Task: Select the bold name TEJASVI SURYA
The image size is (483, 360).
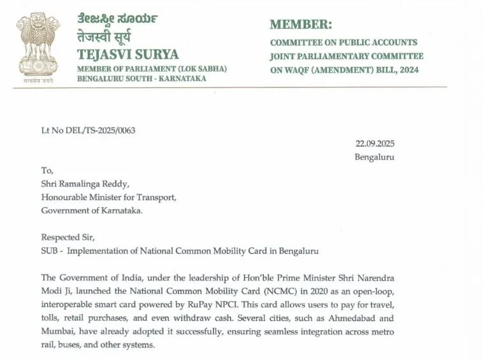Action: (x=128, y=54)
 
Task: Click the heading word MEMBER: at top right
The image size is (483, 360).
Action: (x=301, y=25)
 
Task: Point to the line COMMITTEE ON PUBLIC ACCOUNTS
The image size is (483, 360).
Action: (x=343, y=43)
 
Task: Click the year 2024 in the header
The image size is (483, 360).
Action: (x=406, y=70)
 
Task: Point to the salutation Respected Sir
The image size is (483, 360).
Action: (x=68, y=238)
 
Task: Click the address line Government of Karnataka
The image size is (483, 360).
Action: (x=92, y=211)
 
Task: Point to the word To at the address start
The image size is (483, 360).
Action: (x=47, y=171)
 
